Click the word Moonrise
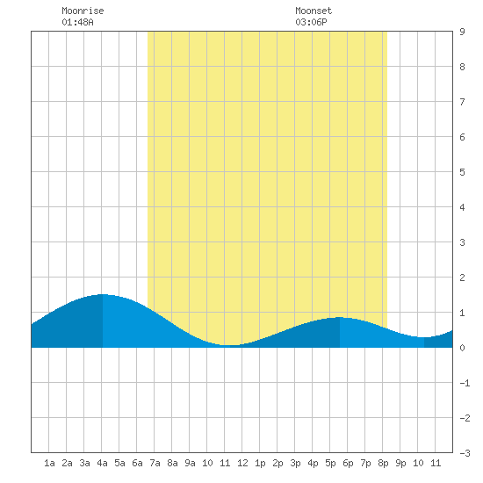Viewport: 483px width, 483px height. click(x=83, y=11)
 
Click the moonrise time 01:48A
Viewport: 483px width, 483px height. click(x=77, y=22)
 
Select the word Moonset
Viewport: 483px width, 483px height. click(x=314, y=11)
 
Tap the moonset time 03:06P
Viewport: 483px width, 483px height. click(x=311, y=22)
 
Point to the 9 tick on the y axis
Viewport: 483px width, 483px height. click(x=462, y=32)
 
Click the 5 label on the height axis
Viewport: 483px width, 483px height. click(x=462, y=172)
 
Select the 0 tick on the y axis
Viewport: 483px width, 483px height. click(x=462, y=348)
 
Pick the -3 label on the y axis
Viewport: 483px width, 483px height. click(x=465, y=453)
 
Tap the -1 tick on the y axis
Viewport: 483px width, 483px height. click(x=465, y=383)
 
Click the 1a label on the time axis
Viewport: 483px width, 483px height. click(x=49, y=463)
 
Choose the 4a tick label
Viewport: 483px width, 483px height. click(x=102, y=463)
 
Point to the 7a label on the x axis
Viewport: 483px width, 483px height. click(x=155, y=463)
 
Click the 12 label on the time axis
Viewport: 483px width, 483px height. click(x=242, y=463)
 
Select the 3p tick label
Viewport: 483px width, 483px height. click(x=295, y=463)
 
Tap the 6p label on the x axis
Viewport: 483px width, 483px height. click(x=348, y=463)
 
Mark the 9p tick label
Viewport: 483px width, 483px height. click(x=400, y=463)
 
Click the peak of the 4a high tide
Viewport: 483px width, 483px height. click(x=103, y=294)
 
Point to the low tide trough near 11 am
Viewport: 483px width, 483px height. click(x=229, y=345)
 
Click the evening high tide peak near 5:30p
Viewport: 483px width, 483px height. click(x=340, y=317)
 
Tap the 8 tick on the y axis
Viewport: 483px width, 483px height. click(x=462, y=67)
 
